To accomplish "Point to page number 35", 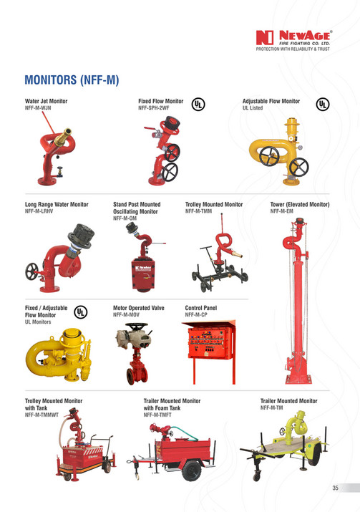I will pyautogui.click(x=335, y=489).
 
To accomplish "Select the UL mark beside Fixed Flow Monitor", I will pyautogui.click(x=198, y=104).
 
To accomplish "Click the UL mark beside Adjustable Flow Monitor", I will pyautogui.click(x=323, y=104).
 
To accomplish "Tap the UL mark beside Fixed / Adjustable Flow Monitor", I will pyautogui.click(x=82, y=312).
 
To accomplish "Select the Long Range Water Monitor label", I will pyautogui.click(x=57, y=205).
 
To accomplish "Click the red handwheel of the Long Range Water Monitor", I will pyautogui.click(x=31, y=272).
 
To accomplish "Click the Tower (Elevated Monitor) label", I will pyautogui.click(x=299, y=205).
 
